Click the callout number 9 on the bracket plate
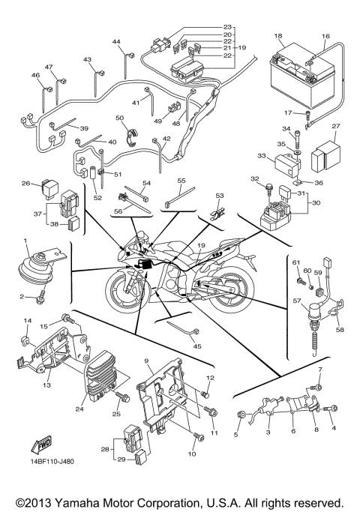(148, 361)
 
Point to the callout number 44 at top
(116, 41)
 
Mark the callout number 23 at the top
(227, 27)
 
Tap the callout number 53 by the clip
(220, 196)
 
